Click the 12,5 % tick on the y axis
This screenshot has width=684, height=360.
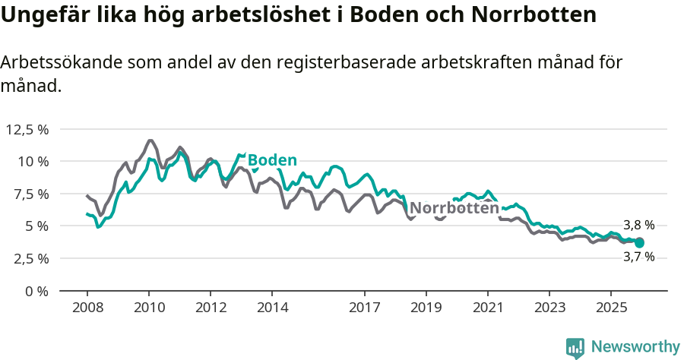point(27,129)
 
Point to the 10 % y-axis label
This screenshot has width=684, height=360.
point(33,161)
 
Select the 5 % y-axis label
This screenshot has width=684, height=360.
point(36,226)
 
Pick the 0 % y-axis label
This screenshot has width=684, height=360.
point(36,291)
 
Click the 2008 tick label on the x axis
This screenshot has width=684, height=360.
point(87,308)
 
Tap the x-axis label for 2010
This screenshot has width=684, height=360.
point(149,308)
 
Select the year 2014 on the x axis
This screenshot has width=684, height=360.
point(272,308)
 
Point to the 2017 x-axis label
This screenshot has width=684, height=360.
point(365,308)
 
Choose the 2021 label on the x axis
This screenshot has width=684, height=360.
point(487,308)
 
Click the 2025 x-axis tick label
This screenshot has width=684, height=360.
point(610,308)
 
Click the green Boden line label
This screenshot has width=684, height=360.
point(272,160)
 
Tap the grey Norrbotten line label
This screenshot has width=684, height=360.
point(454,208)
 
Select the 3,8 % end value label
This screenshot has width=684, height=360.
point(638,226)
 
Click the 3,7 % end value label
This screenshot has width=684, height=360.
point(638,257)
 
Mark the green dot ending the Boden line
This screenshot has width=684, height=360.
point(640,242)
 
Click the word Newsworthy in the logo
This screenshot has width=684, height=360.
point(635,347)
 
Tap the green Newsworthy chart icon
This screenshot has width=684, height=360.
point(575,348)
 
